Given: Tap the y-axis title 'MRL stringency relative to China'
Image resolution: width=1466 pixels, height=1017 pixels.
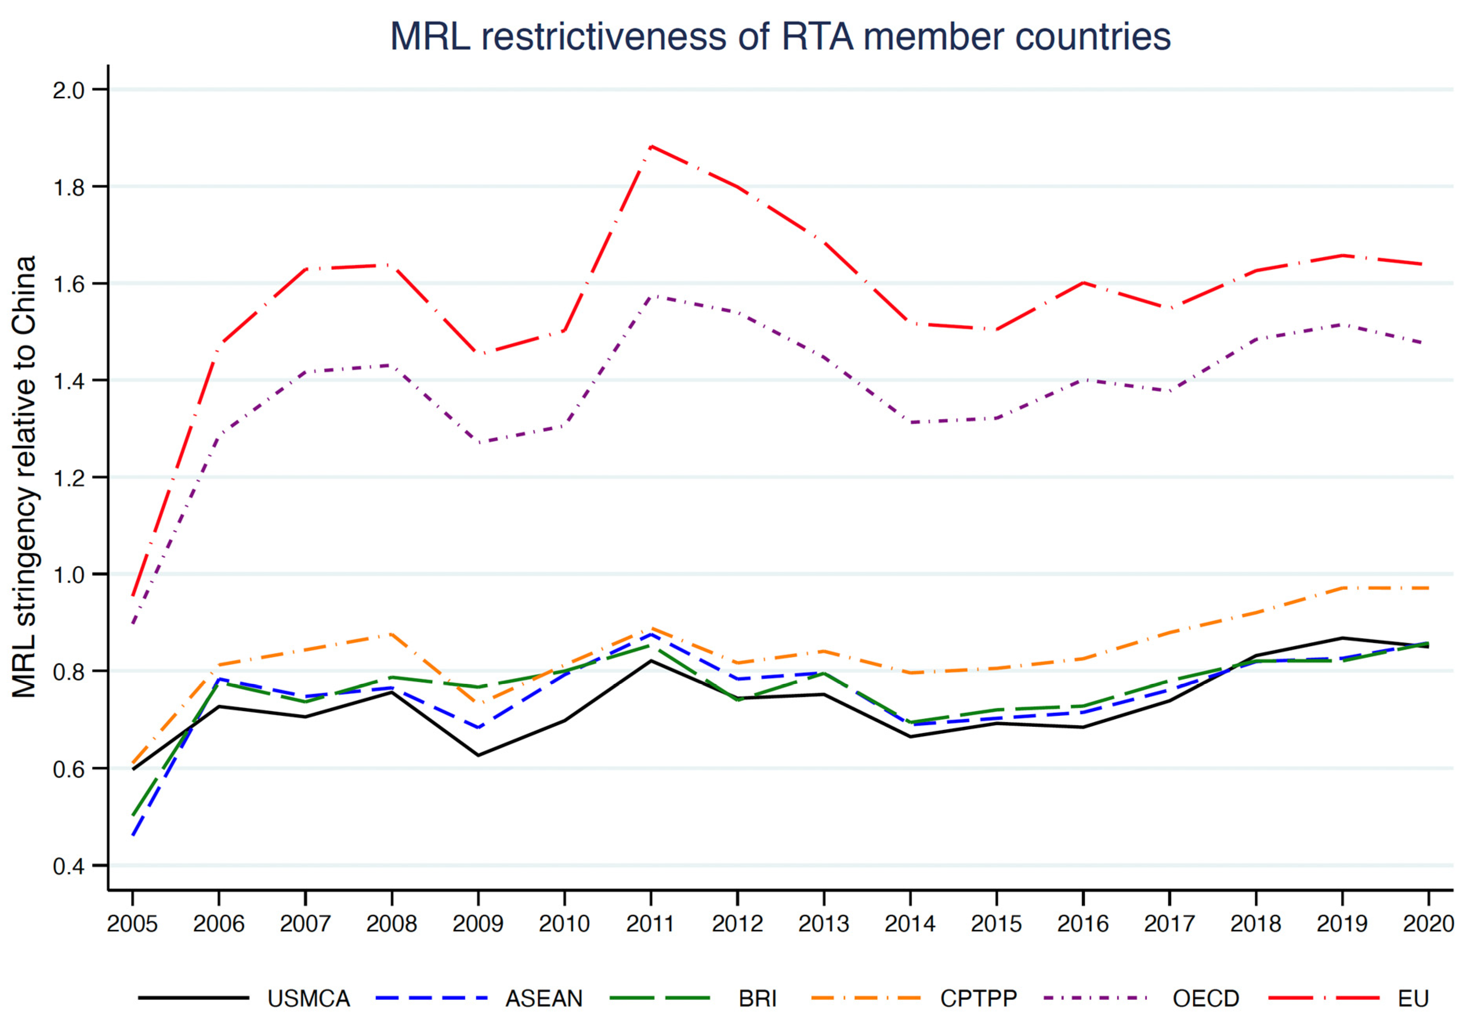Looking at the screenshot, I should point(24,477).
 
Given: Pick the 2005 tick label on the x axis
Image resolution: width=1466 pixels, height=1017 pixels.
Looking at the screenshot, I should point(132,923).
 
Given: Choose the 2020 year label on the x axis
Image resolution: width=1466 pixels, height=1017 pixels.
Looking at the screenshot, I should point(1428,923).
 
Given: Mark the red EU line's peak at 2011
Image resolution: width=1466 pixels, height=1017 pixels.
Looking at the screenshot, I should point(651,146).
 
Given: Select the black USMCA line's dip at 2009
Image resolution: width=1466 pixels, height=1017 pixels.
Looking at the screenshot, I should point(478,755).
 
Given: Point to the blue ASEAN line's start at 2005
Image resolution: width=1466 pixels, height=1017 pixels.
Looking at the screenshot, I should point(132,835).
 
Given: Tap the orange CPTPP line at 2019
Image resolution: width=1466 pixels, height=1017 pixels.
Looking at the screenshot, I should point(1342,587).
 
